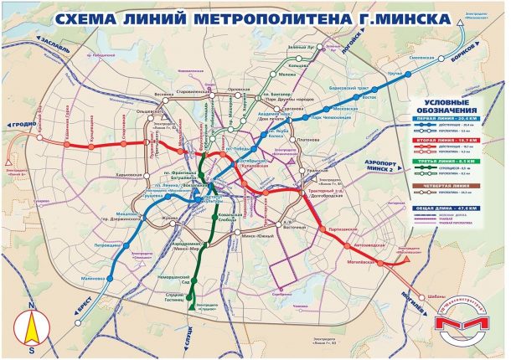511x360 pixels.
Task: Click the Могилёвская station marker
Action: point(382,262)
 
